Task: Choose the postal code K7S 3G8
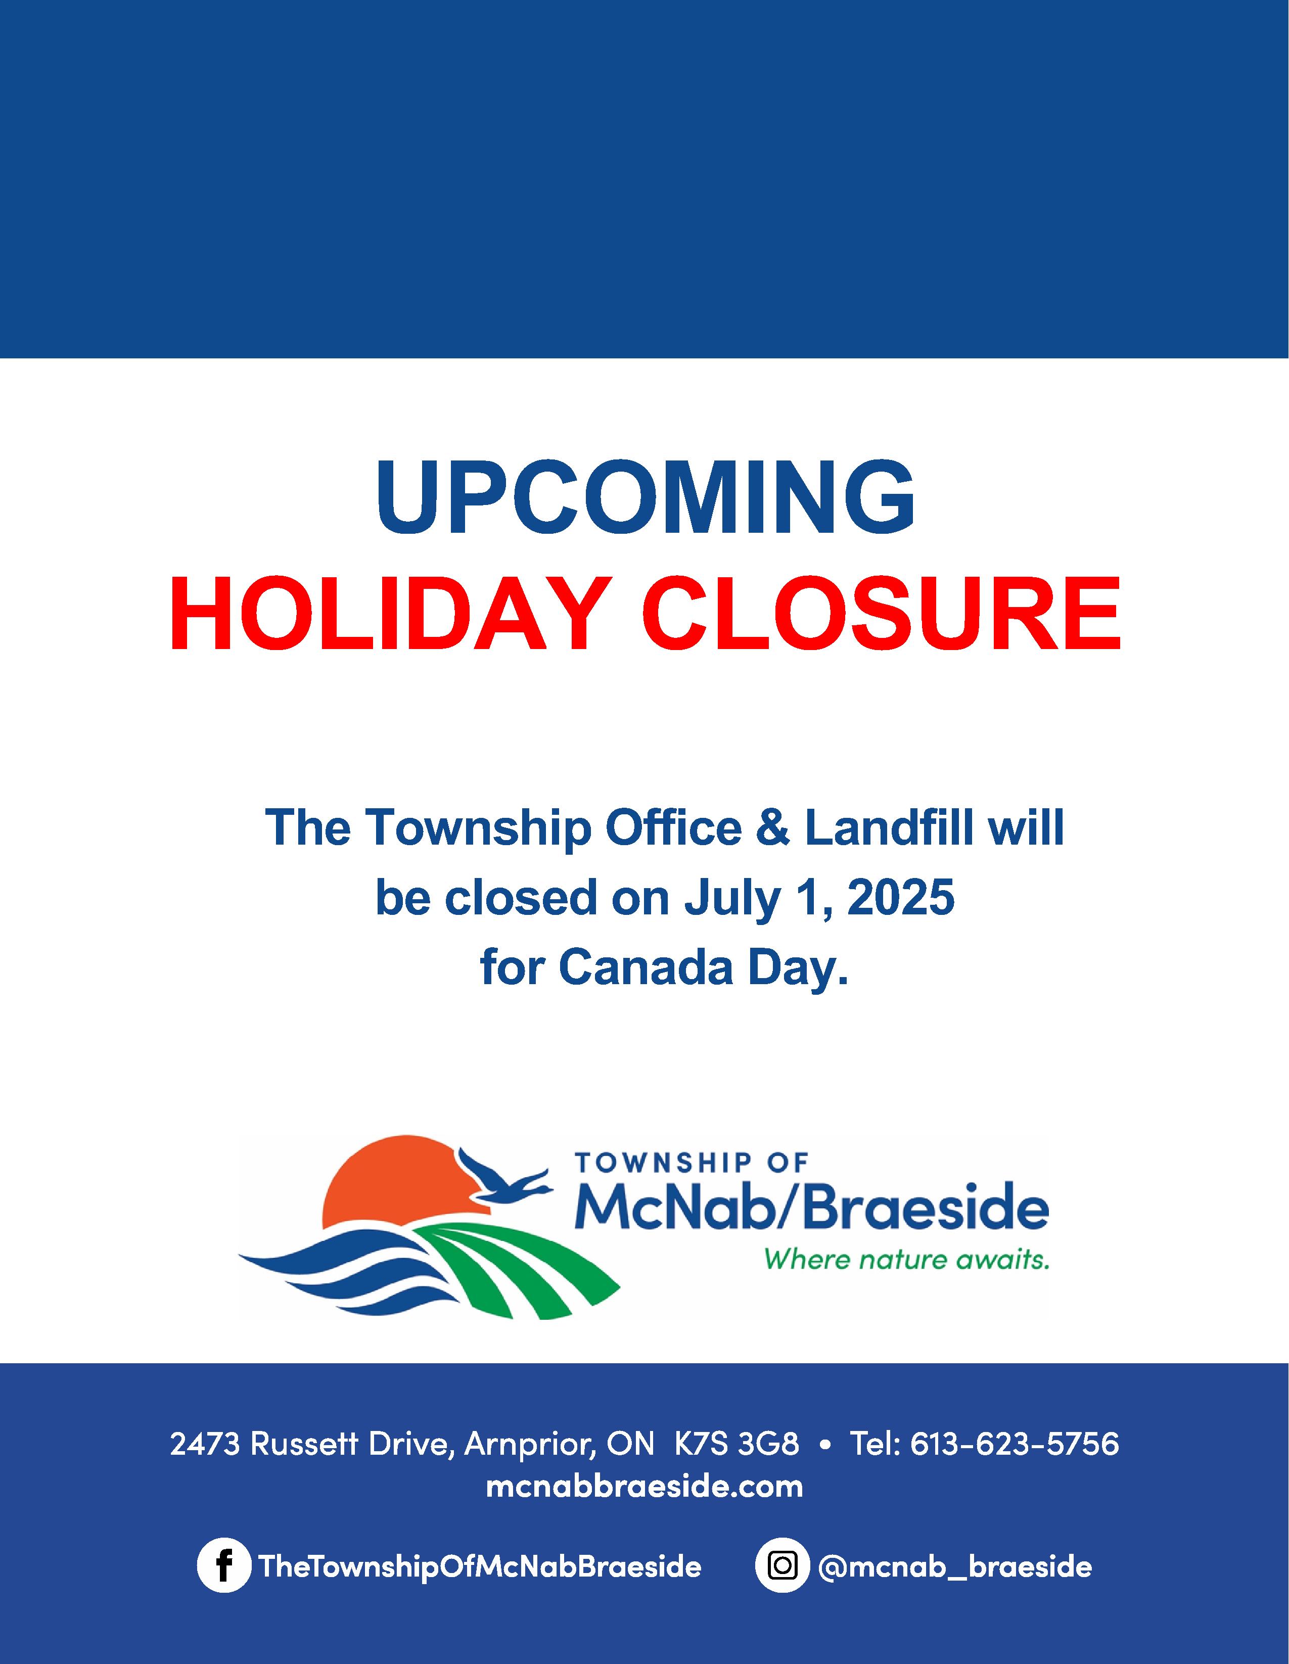click(x=736, y=1443)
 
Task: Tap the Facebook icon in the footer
click(x=223, y=1566)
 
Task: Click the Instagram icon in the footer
click(x=782, y=1566)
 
